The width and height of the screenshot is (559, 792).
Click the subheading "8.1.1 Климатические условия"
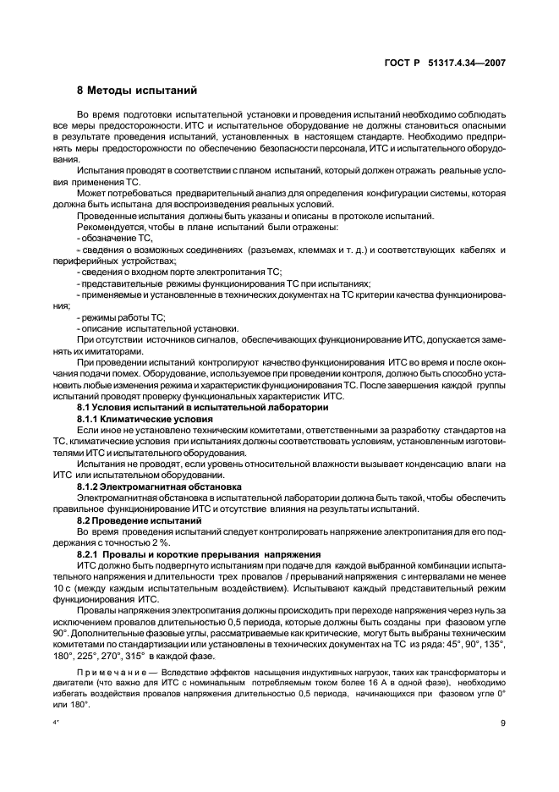coord(144,419)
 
